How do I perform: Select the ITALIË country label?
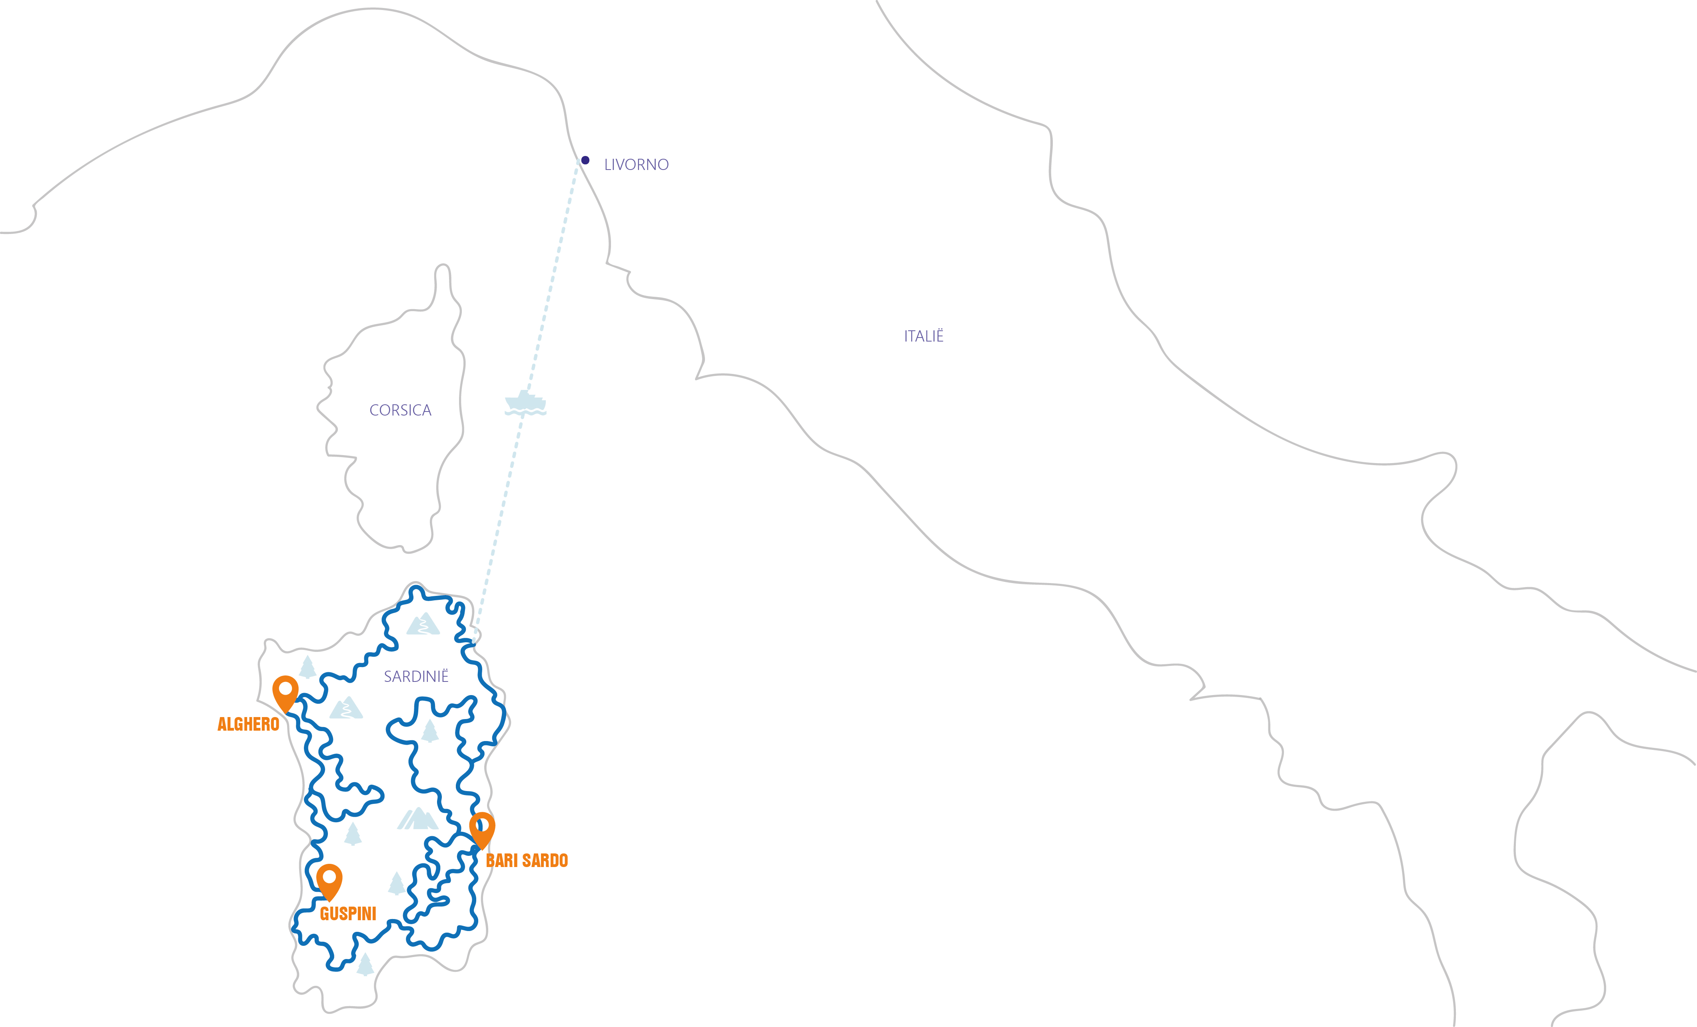pyautogui.click(x=924, y=336)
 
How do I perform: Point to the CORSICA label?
pyautogui.click(x=400, y=411)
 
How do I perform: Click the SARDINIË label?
pyautogui.click(x=416, y=676)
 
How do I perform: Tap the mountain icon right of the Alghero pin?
pyautogui.click(x=346, y=708)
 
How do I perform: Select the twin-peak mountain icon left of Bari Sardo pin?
pyautogui.click(x=418, y=819)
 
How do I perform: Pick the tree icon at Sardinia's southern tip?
pyautogui.click(x=365, y=964)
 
